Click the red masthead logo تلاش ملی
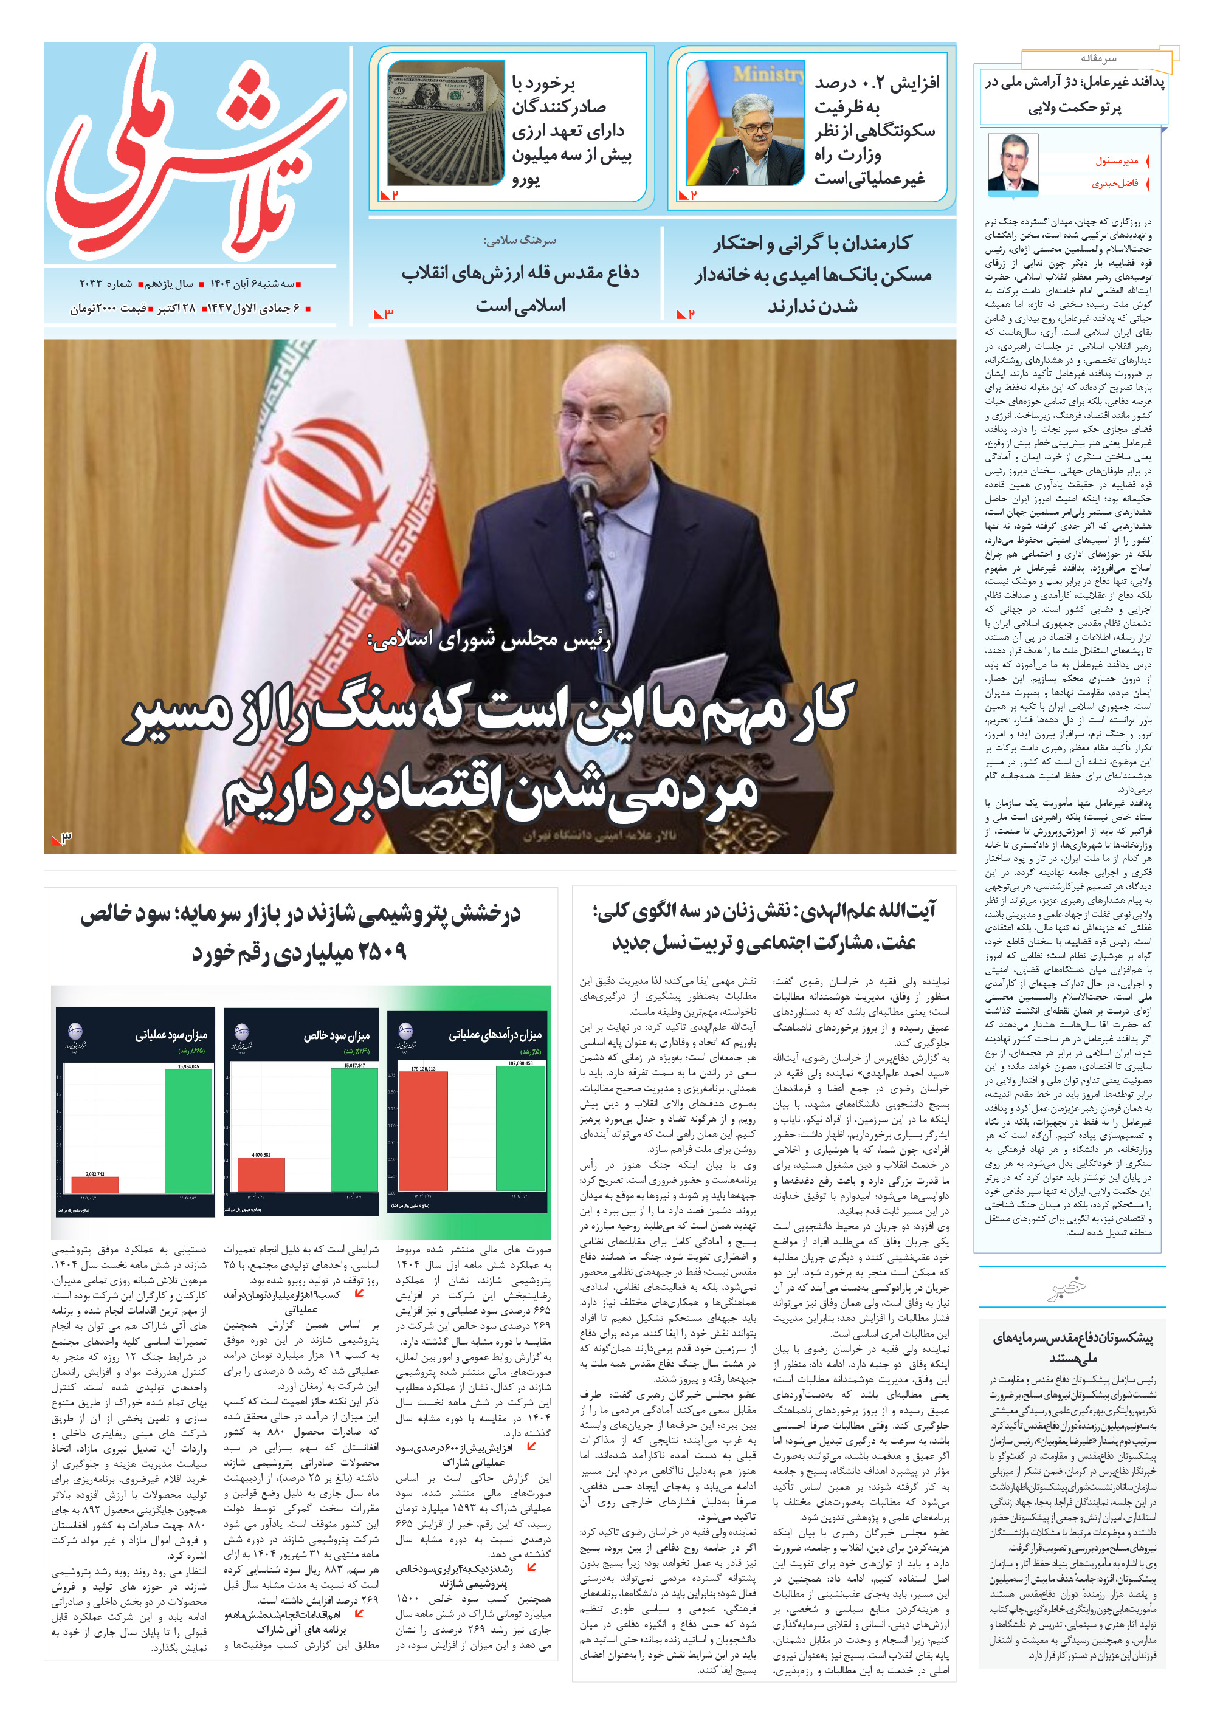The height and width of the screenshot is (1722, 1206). (196, 154)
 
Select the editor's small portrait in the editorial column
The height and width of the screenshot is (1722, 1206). (1011, 163)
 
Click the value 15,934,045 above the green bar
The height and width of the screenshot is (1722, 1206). (188, 1066)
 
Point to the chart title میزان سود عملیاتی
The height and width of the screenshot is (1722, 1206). (170, 1035)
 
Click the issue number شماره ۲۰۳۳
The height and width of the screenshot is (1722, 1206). (106, 284)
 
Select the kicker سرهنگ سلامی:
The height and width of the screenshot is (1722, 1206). (519, 241)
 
